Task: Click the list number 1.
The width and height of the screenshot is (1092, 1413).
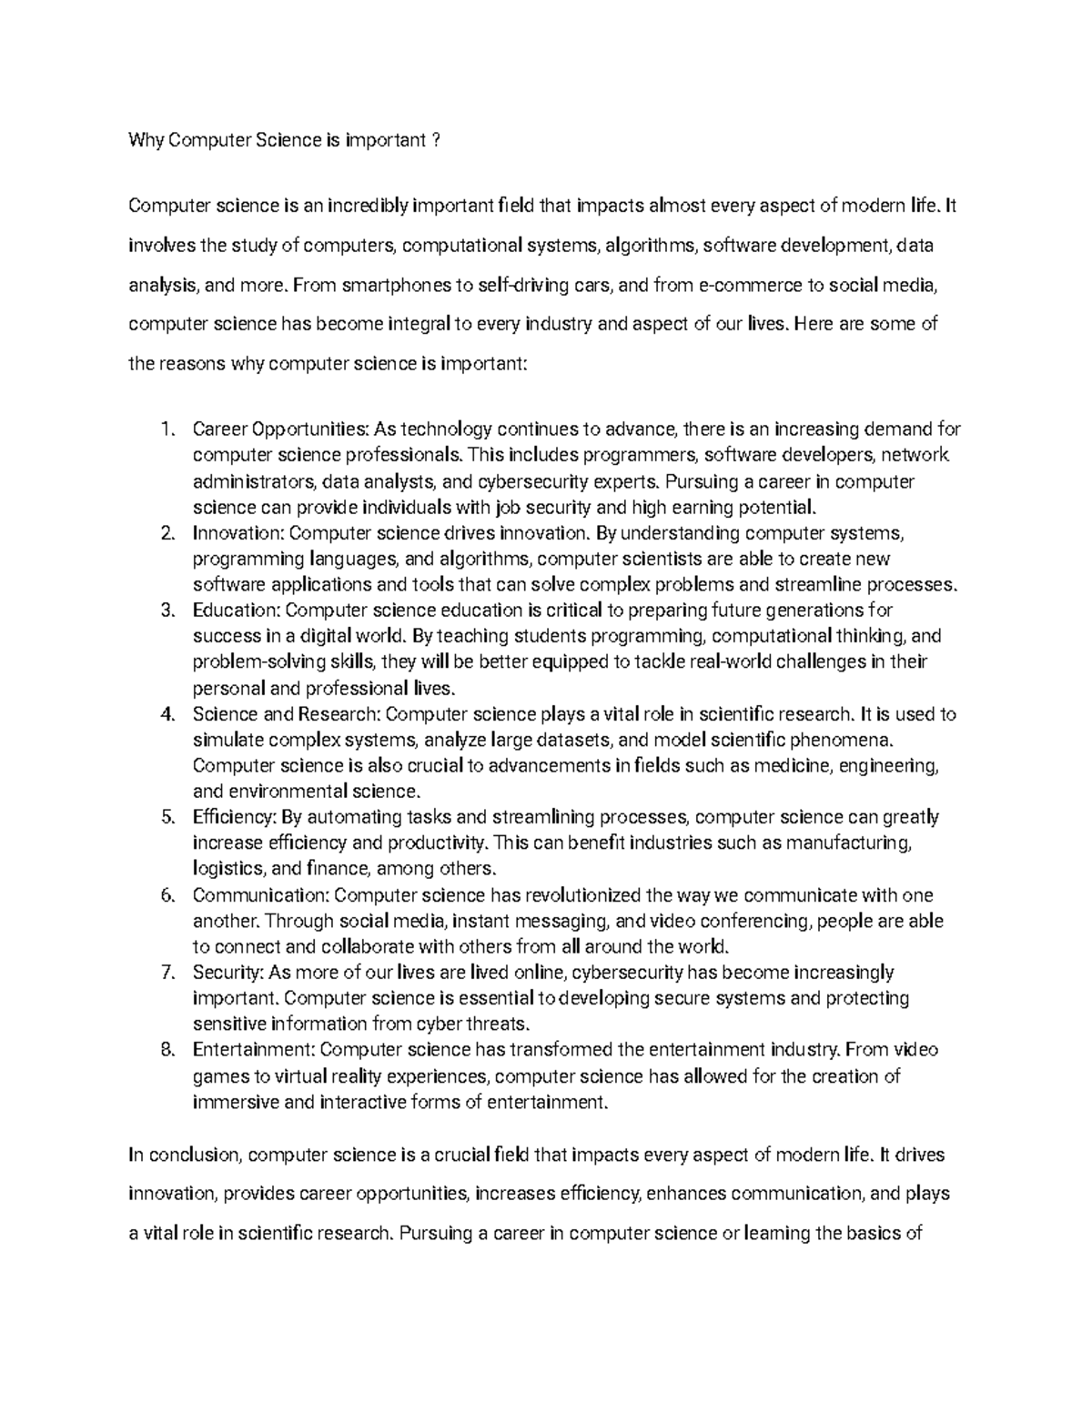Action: click(x=165, y=429)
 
